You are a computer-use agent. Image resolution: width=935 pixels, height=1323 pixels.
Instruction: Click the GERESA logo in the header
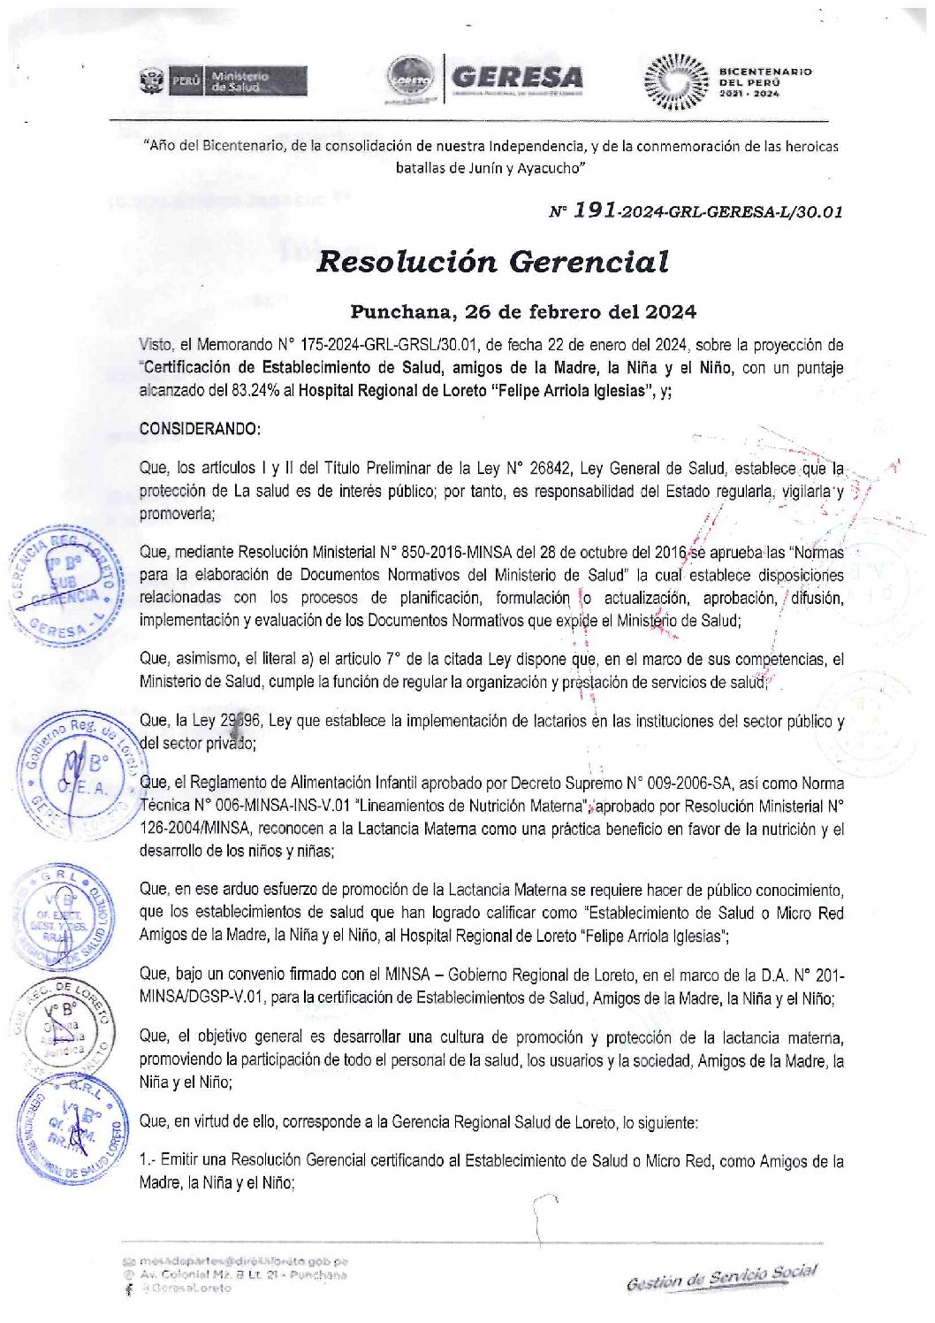(516, 78)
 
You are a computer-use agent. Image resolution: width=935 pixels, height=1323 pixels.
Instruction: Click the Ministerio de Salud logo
(224, 81)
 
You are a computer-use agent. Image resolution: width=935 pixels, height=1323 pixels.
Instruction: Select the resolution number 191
(595, 210)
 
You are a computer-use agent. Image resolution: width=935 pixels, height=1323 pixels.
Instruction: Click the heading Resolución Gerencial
(492, 262)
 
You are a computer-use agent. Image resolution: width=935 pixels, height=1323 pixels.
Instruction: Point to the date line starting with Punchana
(523, 311)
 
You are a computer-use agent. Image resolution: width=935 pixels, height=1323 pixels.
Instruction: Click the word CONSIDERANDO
(200, 429)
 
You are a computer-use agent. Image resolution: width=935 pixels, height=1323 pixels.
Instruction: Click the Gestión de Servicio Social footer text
(721, 1276)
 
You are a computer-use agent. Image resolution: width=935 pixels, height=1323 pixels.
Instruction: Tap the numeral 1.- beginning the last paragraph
(148, 1160)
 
